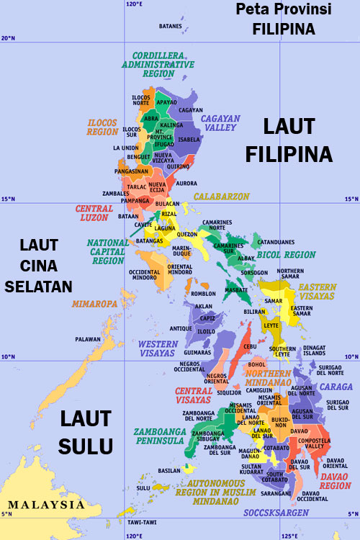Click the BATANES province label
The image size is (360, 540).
coord(171,27)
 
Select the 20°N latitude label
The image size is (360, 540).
coord(8,38)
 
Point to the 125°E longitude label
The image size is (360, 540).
coord(291,535)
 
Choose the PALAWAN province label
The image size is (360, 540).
coord(87,338)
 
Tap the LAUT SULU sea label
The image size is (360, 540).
coord(86,432)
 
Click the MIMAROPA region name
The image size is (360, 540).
coord(94,305)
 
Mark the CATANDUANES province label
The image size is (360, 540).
coord(276,241)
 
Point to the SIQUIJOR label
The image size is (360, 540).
coord(228,393)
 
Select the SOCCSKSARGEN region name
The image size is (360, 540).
coord(278,513)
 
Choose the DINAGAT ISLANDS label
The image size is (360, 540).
coord(315,351)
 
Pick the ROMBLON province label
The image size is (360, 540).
coord(204,294)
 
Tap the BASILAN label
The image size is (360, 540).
coord(168,471)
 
